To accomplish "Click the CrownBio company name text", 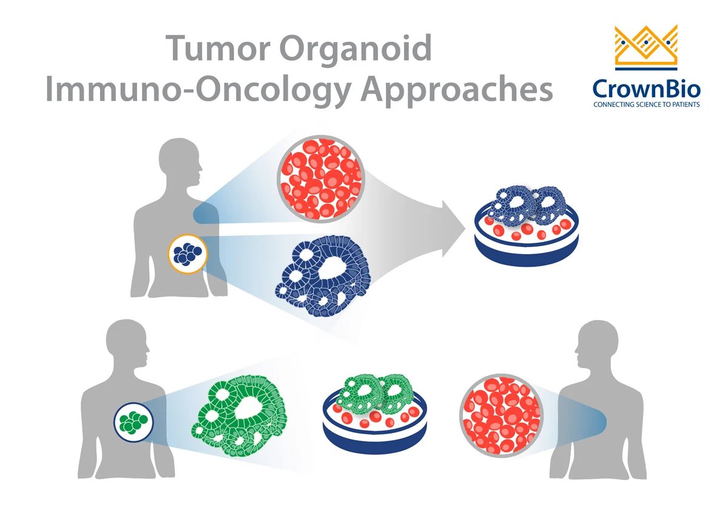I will [647, 90].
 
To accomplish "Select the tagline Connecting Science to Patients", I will [647, 105].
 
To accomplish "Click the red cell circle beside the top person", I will [320, 179].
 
